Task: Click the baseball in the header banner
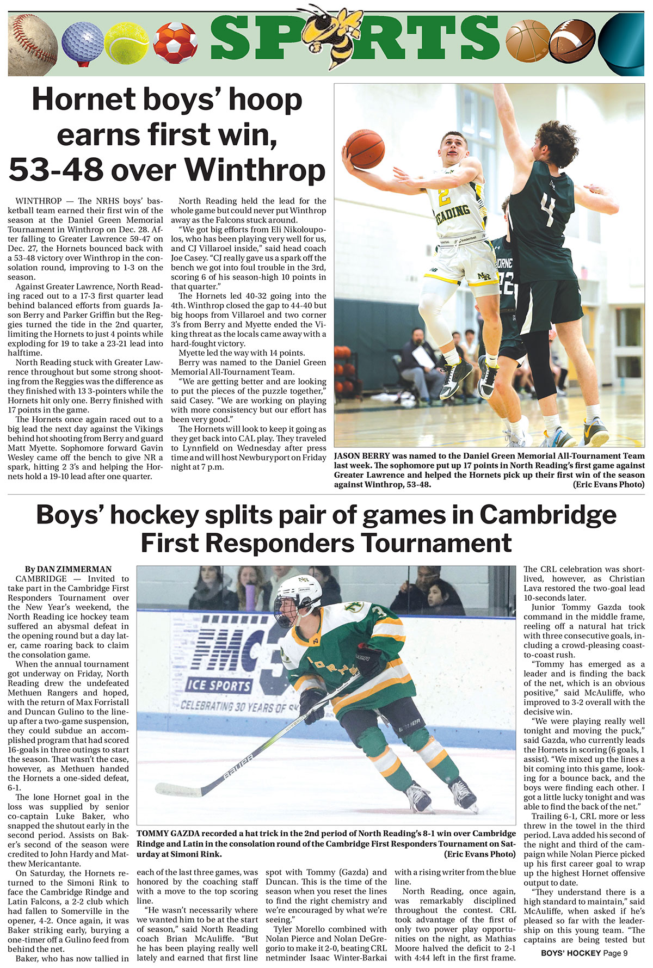click(32, 44)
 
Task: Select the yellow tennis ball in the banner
click(126, 43)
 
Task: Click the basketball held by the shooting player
click(365, 148)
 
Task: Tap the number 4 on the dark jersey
click(547, 207)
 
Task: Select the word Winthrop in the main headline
click(256, 169)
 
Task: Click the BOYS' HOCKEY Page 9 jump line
click(584, 953)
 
